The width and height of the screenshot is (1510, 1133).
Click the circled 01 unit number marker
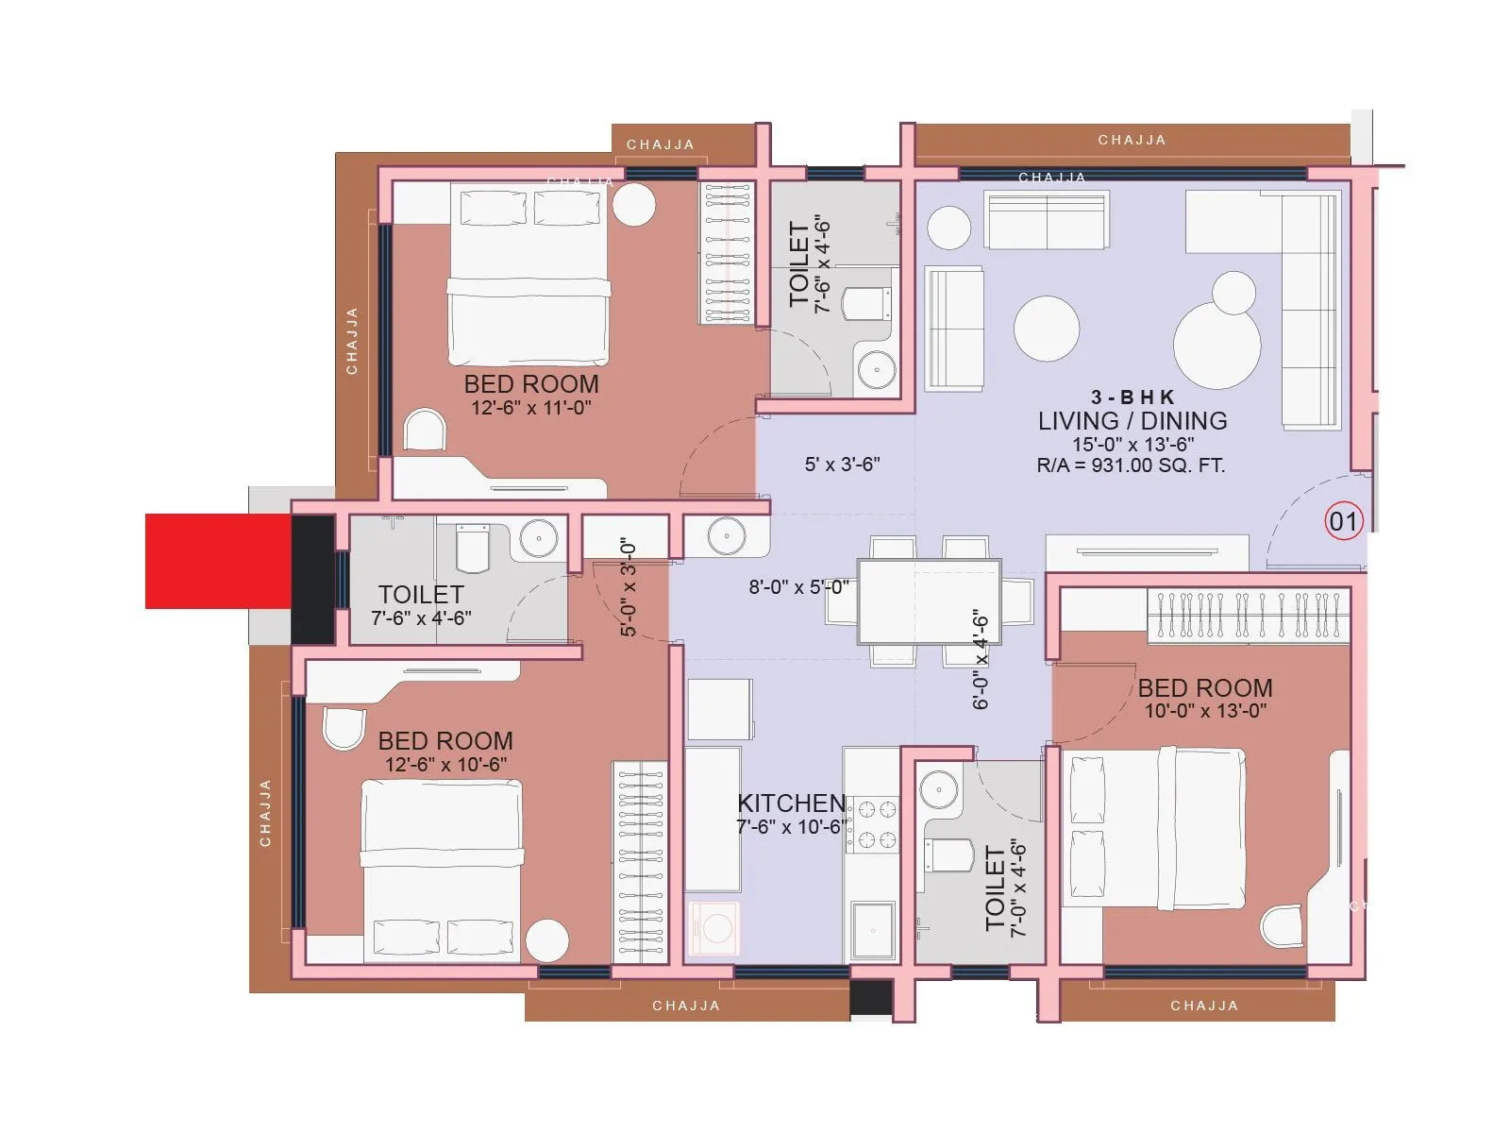1343,521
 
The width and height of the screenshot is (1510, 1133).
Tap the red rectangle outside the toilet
218,561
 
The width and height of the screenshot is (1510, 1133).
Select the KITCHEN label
791,803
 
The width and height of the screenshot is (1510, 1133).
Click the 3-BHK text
1132,397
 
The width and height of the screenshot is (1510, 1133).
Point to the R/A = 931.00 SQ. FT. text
1131,465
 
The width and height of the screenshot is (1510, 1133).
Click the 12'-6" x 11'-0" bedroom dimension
531,408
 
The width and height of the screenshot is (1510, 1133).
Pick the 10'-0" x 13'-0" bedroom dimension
1205,711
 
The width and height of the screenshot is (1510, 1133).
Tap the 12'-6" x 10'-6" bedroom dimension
445,765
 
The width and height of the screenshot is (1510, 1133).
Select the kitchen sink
873,929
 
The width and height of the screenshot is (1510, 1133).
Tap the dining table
929,601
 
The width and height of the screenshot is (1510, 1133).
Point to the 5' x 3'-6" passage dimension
842,465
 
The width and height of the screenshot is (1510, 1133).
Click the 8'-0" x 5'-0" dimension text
798,587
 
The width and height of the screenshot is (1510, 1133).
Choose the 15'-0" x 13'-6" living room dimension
1132,444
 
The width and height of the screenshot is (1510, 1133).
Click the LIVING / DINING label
1132,421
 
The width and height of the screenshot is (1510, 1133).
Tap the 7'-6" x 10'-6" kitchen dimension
791,827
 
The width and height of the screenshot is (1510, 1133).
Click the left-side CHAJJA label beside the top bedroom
352,341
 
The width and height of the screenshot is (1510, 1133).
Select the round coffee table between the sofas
1047,329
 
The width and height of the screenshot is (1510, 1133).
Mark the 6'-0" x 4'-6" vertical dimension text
981,658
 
